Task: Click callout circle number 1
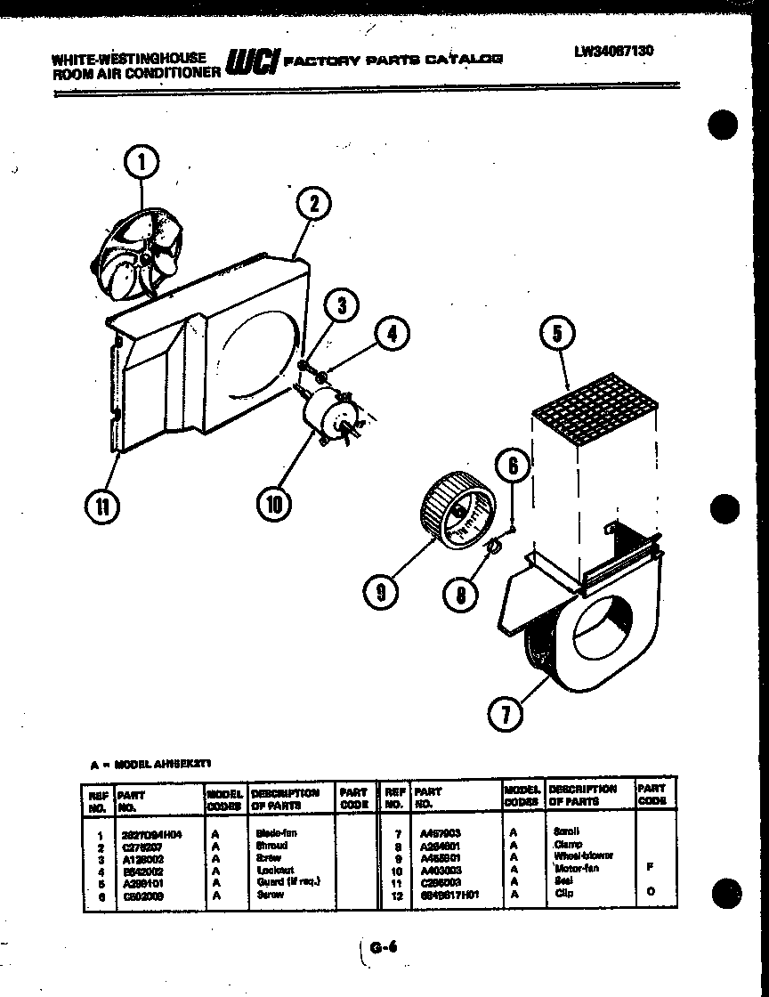pos(142,163)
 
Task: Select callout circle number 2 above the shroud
pos(312,206)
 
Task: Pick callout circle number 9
pos(381,592)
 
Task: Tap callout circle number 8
pos(459,594)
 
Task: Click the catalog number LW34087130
pos(613,52)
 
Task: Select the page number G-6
pos(383,950)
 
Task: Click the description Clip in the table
pos(563,893)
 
